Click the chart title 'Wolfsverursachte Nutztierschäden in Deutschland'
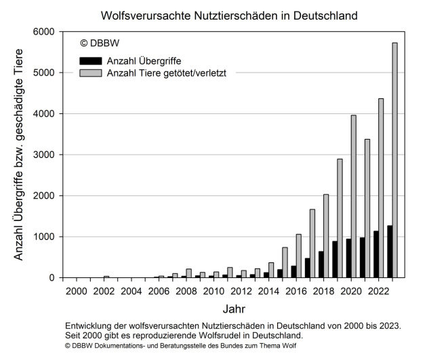pyautogui.click(x=229, y=14)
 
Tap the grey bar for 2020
pyautogui.click(x=353, y=197)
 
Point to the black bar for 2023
pyautogui.click(x=389, y=252)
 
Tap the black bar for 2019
pyautogui.click(x=334, y=260)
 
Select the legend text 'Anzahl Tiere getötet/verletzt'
pyautogui.click(x=166, y=73)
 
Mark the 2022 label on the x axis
pyautogui.click(x=380, y=291)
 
